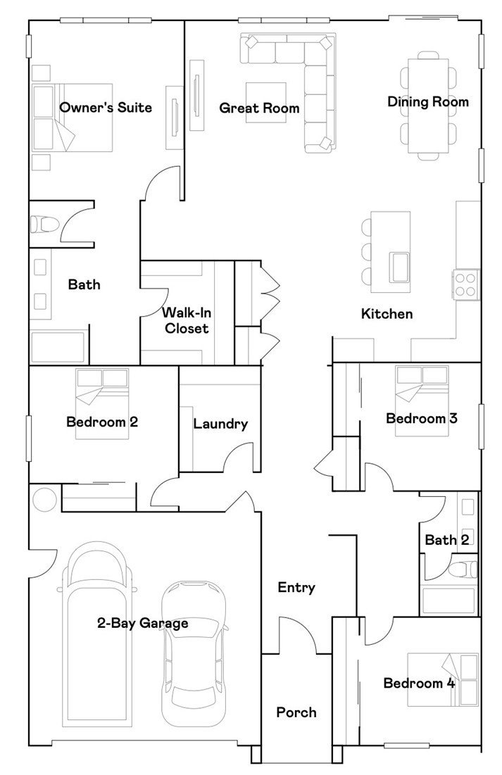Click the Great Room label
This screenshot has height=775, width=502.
(x=259, y=108)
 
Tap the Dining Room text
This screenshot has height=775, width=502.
(x=428, y=102)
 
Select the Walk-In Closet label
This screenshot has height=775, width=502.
(x=187, y=320)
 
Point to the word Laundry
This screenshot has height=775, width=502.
(x=220, y=424)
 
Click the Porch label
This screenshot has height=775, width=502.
(x=296, y=712)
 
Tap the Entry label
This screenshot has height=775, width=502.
(x=296, y=588)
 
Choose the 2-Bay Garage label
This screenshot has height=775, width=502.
(x=142, y=623)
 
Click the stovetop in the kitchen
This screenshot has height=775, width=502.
(x=466, y=284)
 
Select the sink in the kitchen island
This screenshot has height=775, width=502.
(x=400, y=267)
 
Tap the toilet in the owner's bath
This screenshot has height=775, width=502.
(x=44, y=225)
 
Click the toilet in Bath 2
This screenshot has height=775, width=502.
(x=463, y=569)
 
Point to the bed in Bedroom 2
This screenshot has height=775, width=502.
(x=102, y=403)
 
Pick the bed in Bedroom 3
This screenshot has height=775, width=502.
(x=422, y=401)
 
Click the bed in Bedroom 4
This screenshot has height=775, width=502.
(x=443, y=679)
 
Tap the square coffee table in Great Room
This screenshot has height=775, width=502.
(x=266, y=102)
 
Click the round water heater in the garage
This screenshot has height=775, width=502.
(x=45, y=499)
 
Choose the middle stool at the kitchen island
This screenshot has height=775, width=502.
(x=367, y=251)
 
